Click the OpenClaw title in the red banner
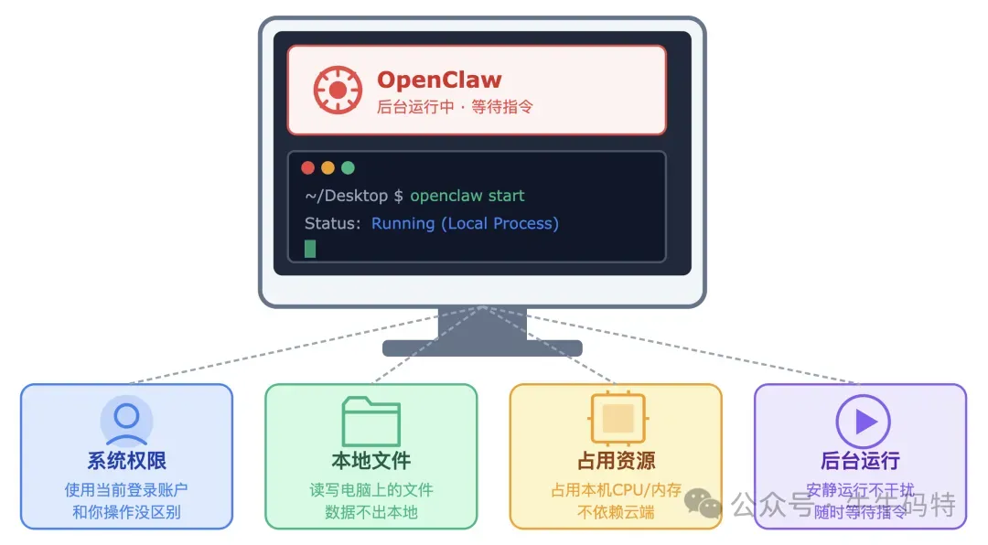[x=439, y=80]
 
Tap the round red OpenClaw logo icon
[x=338, y=90]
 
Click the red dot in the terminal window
[x=307, y=167]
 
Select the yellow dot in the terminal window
[x=328, y=167]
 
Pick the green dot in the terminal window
[x=348, y=167]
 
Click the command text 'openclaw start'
[x=467, y=196]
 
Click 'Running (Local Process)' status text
[x=465, y=223]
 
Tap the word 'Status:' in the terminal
[x=332, y=223]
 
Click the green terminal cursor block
[x=310, y=248]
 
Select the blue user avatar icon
[x=126, y=420]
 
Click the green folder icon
[x=370, y=421]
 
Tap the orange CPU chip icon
[x=617, y=419]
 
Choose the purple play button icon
[x=863, y=421]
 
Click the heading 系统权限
[x=126, y=460]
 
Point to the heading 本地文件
[x=370, y=460]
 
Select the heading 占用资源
[x=616, y=460]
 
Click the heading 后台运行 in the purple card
[x=860, y=460]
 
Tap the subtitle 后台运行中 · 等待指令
[x=455, y=107]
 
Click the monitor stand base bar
[x=482, y=348]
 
